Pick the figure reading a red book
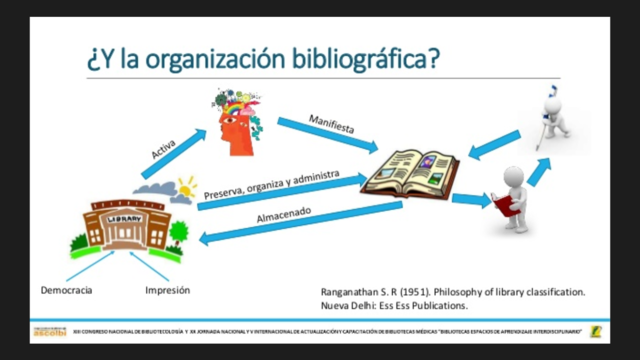[x=513, y=199]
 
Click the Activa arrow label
[x=164, y=151]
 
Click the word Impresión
[x=167, y=290]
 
